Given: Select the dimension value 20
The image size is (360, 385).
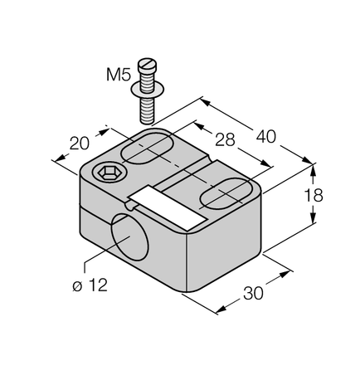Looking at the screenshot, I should coord(79,143).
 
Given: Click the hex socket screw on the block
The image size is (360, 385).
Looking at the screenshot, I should coord(107,173).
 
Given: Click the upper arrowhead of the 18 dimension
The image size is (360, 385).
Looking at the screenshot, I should coord(314,169).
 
